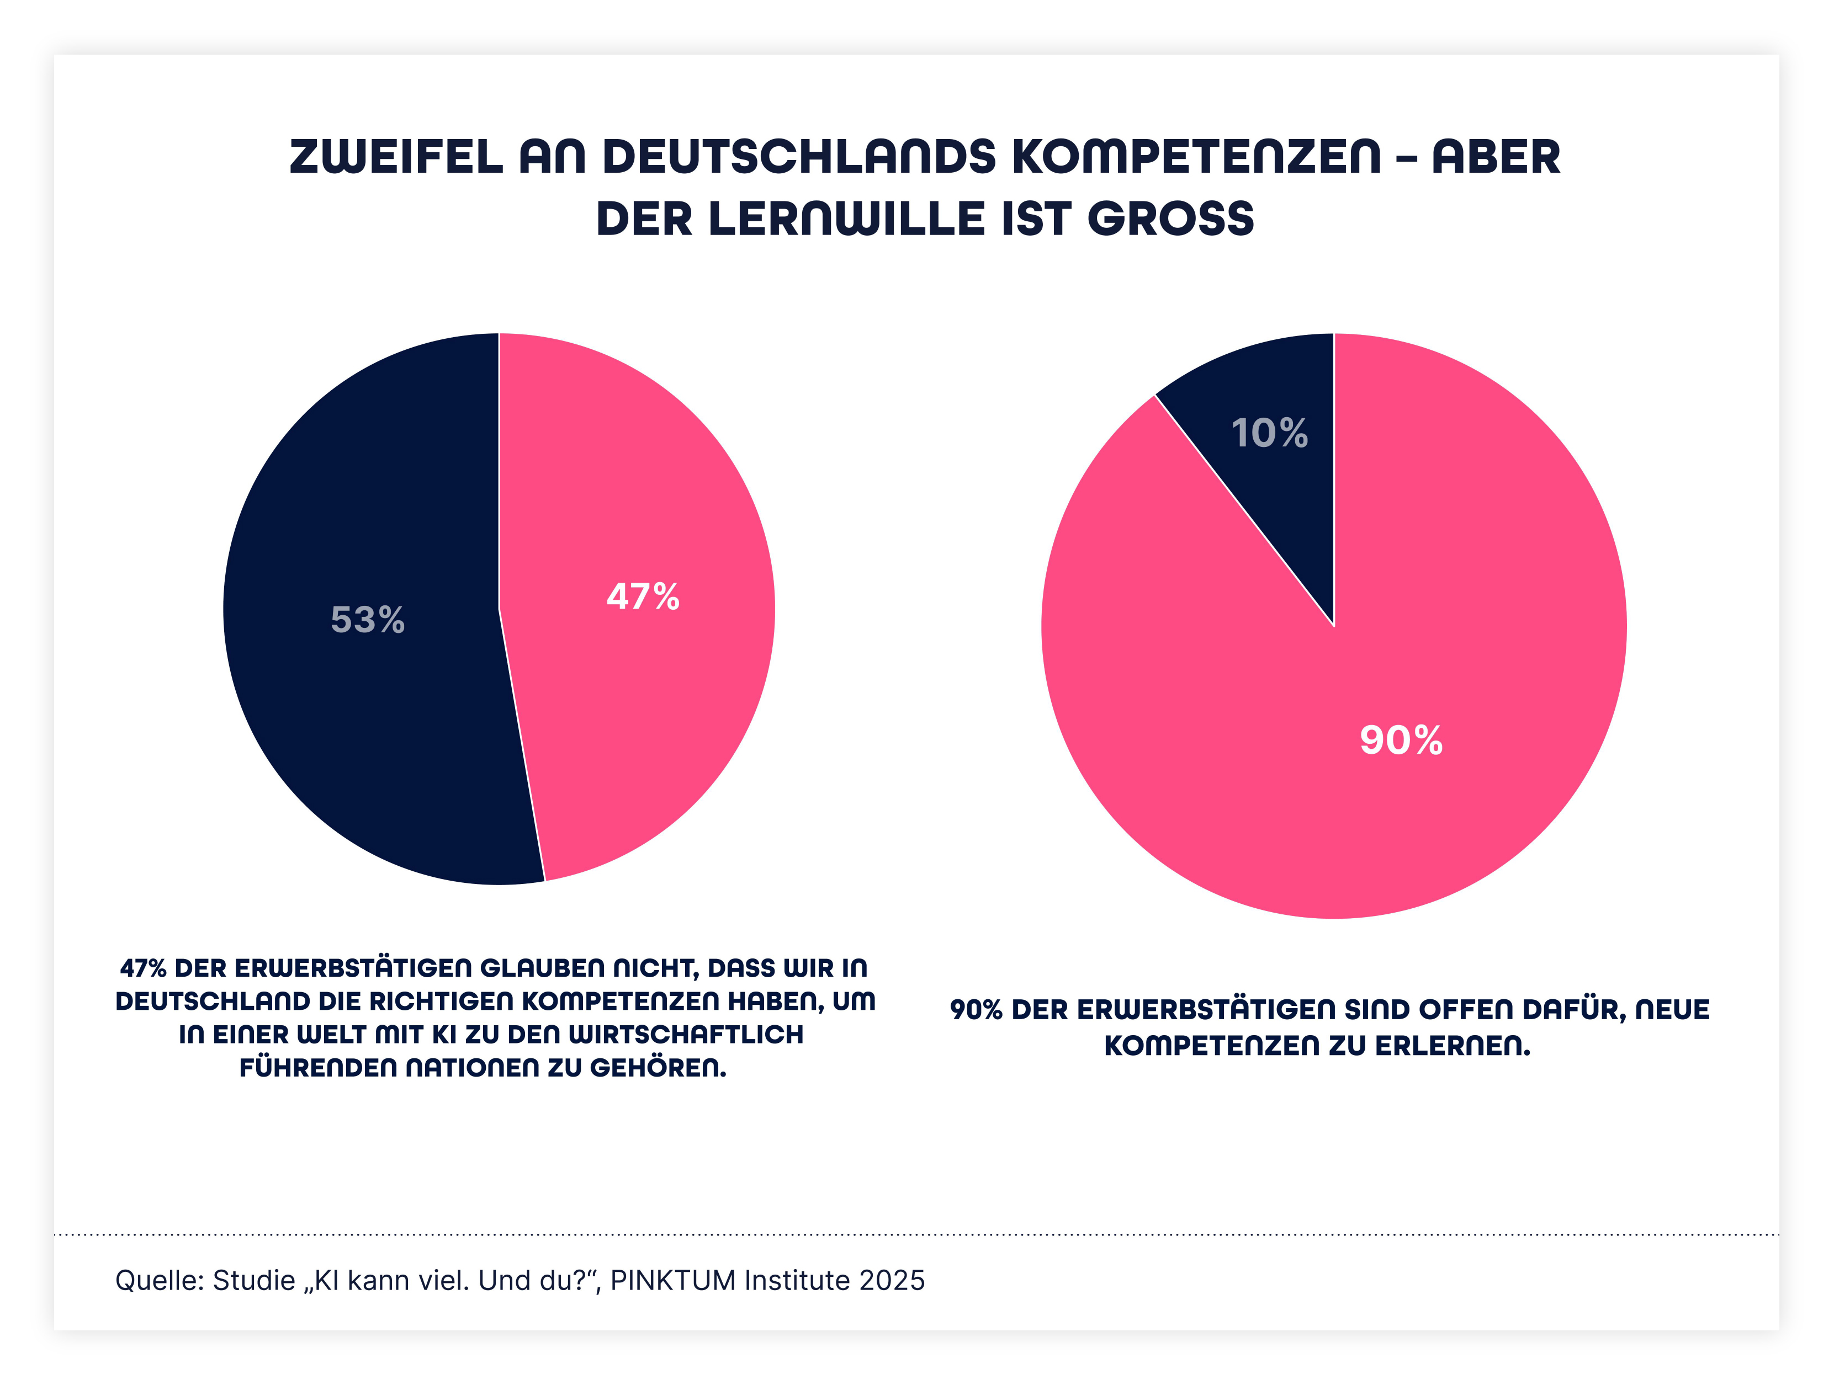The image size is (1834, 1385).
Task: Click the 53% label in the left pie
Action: point(367,619)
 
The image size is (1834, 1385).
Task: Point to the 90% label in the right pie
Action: point(1401,739)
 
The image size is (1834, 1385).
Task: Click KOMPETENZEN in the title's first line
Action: point(1196,157)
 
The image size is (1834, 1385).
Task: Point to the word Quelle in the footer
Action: point(159,1281)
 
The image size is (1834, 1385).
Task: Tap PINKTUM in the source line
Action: point(672,1281)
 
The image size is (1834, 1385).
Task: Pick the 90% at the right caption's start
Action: point(976,1010)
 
